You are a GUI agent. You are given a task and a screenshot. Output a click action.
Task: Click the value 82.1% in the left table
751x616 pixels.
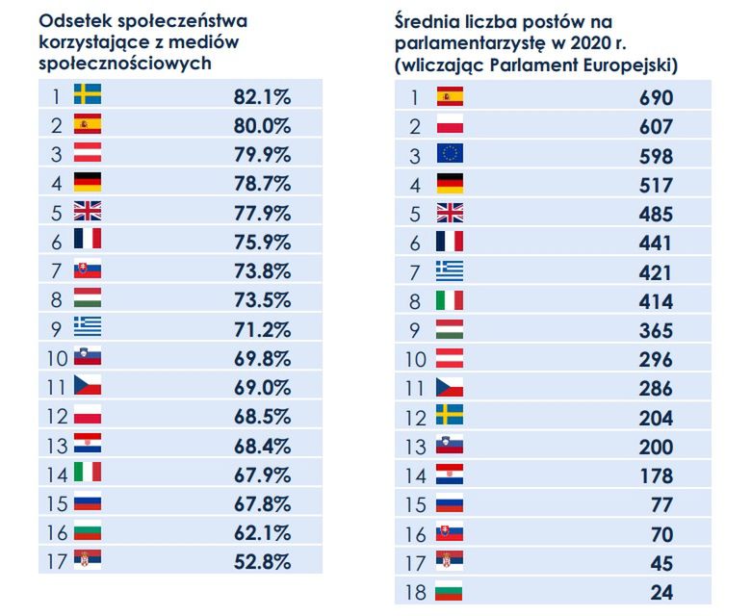click(x=262, y=96)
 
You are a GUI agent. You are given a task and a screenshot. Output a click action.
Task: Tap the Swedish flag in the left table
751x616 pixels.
click(x=88, y=95)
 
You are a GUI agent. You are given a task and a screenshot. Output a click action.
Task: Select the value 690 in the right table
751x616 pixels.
click(x=655, y=97)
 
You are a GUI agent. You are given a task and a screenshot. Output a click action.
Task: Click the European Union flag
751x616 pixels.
click(x=450, y=155)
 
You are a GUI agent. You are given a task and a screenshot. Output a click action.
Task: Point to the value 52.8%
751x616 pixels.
click(x=262, y=560)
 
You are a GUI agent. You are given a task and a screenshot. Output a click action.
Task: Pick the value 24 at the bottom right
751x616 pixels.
click(x=660, y=592)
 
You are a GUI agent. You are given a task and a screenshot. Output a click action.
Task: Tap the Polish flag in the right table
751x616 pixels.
click(x=450, y=126)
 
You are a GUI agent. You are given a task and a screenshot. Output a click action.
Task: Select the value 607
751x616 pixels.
click(x=655, y=126)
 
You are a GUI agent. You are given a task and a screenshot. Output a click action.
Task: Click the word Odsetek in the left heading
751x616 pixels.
click(x=74, y=19)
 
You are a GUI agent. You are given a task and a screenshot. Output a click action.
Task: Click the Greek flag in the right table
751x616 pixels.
click(x=450, y=271)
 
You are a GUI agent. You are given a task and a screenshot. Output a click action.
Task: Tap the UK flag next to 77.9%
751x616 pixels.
click(x=88, y=212)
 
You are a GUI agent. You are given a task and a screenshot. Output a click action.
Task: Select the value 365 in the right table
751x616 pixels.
click(x=655, y=330)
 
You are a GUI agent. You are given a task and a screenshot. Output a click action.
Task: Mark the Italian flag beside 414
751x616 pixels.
click(x=450, y=300)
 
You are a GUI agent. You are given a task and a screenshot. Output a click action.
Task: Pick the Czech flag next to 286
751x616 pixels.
click(x=450, y=388)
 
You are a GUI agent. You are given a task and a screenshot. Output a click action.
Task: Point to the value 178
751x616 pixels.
click(x=655, y=475)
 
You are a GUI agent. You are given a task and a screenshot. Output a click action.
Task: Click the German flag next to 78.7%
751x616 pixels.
click(x=88, y=183)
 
